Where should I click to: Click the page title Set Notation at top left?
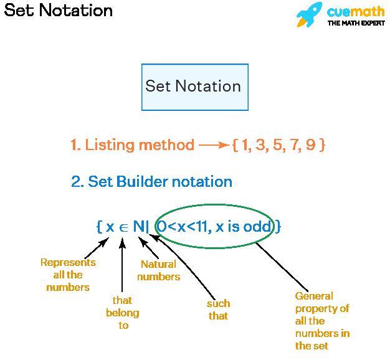point(59,11)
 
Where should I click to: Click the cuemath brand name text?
point(356,11)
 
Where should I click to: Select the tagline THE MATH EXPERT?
point(356,23)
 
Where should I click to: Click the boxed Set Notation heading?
point(194,86)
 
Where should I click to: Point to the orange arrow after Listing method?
point(214,145)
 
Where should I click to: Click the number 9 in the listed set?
point(310,145)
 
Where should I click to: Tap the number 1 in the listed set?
point(245,145)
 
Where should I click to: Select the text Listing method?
point(140,145)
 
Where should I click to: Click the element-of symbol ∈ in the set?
point(123,227)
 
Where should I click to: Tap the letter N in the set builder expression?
point(138,226)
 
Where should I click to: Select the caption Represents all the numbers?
point(68,275)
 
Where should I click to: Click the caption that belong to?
point(123,313)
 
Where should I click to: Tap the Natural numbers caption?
point(158,270)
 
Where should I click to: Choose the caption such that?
point(218,310)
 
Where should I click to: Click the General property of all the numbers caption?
point(322,321)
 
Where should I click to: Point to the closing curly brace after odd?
point(278,226)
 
